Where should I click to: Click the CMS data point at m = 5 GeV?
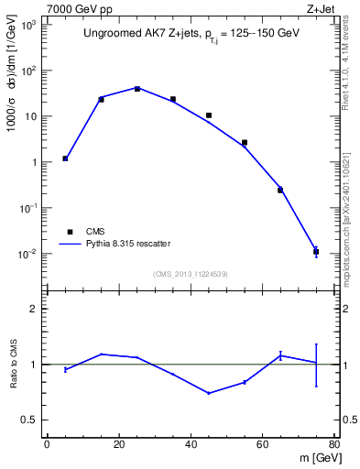[65, 158]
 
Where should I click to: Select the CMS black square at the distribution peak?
[136, 89]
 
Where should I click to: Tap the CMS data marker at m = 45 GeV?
[209, 115]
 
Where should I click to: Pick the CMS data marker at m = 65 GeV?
[280, 190]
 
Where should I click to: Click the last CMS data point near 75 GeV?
[316, 251]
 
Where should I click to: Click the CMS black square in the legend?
[71, 232]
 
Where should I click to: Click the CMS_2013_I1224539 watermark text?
[190, 273]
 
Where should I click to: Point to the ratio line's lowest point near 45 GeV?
[209, 393]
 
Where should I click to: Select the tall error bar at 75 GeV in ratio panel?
[316, 365]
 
